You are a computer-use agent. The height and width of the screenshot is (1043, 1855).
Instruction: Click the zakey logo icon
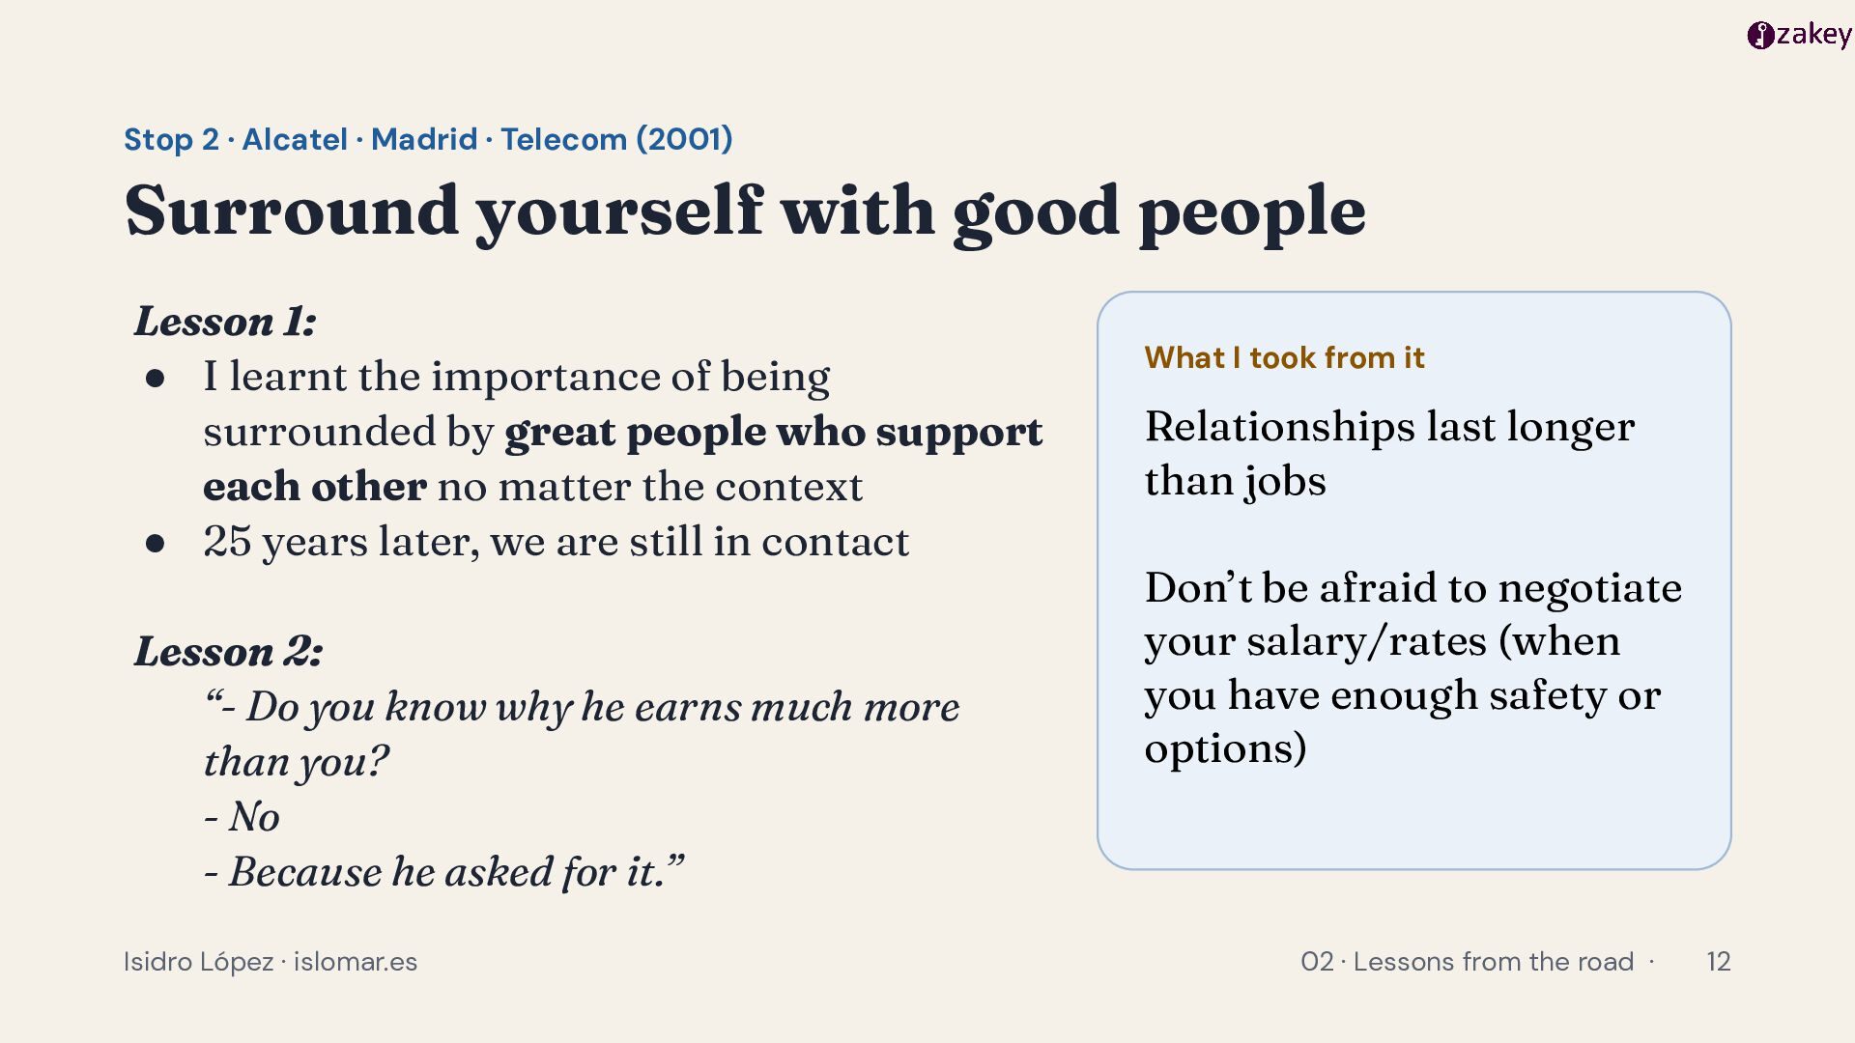tap(1760, 36)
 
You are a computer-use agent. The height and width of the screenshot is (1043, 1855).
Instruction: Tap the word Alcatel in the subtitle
tap(294, 139)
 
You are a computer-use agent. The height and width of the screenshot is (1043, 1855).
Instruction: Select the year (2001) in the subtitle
tap(684, 139)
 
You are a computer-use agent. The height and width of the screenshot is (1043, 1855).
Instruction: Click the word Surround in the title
tap(292, 211)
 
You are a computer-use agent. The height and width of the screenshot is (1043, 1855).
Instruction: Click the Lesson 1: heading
tap(225, 322)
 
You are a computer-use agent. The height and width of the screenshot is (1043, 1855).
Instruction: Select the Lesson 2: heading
tap(228, 651)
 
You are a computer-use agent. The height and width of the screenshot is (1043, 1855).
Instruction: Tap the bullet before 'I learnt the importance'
tap(155, 378)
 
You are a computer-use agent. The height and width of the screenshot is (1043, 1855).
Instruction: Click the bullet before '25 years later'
tap(155, 543)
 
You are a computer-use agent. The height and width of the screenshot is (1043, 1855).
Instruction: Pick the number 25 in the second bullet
tap(227, 542)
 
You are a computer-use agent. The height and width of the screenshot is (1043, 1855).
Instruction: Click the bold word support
tap(959, 433)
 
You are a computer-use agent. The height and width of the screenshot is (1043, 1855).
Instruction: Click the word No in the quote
tap(254, 817)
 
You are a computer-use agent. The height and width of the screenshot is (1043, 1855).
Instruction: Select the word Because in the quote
tap(305, 872)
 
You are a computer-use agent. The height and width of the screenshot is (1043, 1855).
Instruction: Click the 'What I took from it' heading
tap(1284, 358)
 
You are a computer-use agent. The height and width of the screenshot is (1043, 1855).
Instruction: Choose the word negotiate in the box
tap(1590, 589)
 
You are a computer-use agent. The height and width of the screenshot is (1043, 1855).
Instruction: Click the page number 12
tap(1718, 962)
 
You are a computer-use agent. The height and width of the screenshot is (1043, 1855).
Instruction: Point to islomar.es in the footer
tap(356, 962)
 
